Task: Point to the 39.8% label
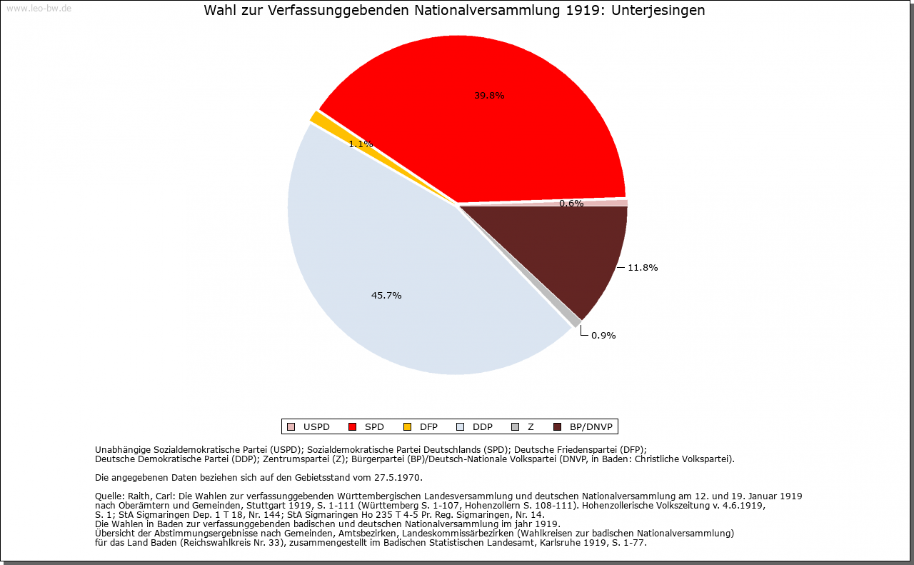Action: tap(489, 96)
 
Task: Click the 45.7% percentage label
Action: tap(386, 296)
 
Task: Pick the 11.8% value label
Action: tap(643, 268)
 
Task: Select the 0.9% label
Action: tap(603, 336)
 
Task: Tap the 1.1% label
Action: tap(361, 144)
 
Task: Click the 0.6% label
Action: tap(571, 204)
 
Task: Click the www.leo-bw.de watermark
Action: tap(39, 9)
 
